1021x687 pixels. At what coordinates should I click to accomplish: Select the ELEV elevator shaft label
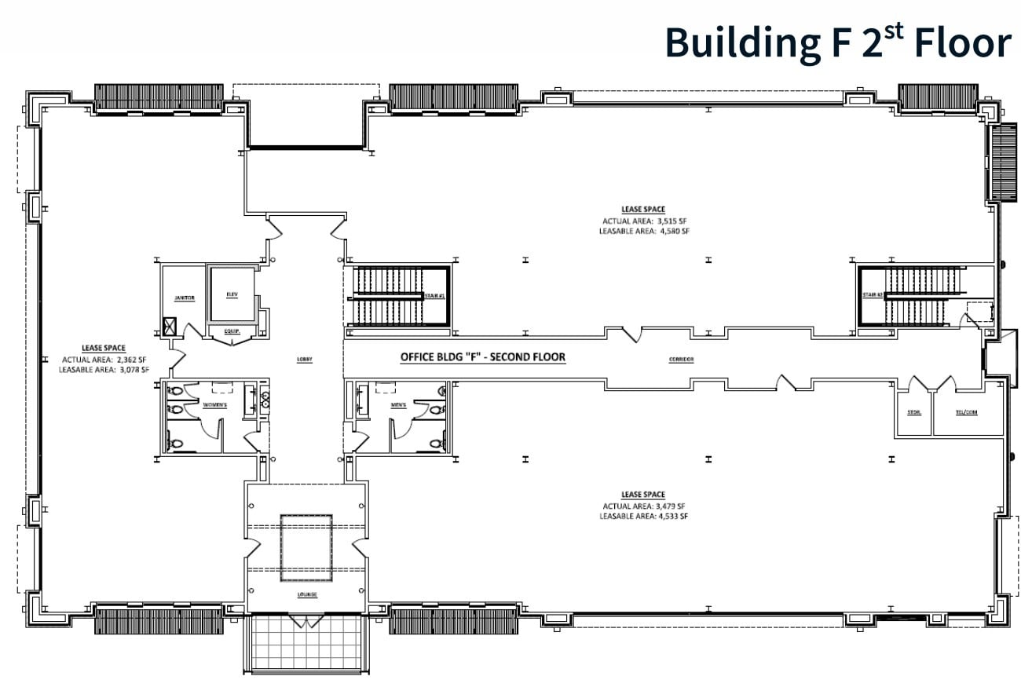click(232, 294)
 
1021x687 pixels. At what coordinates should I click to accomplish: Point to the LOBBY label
click(305, 360)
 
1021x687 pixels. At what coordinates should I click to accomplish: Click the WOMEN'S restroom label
click(215, 405)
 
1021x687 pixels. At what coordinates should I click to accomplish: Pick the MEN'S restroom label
click(398, 405)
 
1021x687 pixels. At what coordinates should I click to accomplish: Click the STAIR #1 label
click(435, 296)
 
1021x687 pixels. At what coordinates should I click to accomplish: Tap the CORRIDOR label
click(681, 360)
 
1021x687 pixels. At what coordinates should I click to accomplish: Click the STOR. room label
click(913, 411)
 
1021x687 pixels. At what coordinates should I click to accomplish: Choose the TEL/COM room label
click(966, 411)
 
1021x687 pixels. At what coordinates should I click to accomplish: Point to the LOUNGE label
click(307, 594)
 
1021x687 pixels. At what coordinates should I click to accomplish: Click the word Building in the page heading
click(737, 43)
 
